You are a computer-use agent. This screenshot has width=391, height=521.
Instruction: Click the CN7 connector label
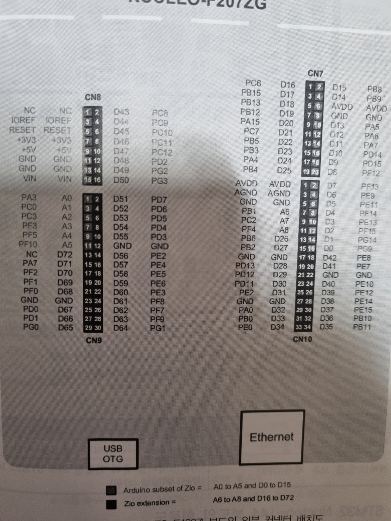tap(315, 74)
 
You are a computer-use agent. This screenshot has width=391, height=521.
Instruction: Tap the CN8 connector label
tap(93, 97)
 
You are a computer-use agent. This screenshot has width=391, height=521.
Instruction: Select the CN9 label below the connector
tap(93, 340)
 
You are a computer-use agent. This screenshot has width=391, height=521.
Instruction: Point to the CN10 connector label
tap(302, 339)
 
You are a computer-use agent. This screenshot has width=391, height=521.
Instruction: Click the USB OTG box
tap(113, 454)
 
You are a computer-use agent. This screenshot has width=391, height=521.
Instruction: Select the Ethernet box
tap(272, 438)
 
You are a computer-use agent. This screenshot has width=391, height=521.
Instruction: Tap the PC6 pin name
tap(253, 83)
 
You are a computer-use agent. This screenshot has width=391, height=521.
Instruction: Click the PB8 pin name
tap(374, 89)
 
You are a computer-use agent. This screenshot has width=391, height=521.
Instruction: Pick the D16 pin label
tap(288, 85)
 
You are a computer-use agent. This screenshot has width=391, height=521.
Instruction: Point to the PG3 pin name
tap(159, 181)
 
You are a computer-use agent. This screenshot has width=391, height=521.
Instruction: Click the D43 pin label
tap(121, 112)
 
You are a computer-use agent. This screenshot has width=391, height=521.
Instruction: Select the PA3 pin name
tap(29, 198)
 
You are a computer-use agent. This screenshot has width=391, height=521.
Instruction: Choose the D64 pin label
tap(120, 328)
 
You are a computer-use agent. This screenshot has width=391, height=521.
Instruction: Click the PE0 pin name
tap(245, 327)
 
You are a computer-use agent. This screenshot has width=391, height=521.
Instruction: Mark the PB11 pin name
tap(362, 327)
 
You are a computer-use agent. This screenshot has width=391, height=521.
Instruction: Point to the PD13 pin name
tap(245, 265)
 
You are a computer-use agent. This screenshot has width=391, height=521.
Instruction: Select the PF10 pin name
tap(28, 244)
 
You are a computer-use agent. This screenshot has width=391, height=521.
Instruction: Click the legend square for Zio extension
tap(111, 504)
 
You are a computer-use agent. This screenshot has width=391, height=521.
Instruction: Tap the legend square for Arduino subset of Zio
tap(111, 490)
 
